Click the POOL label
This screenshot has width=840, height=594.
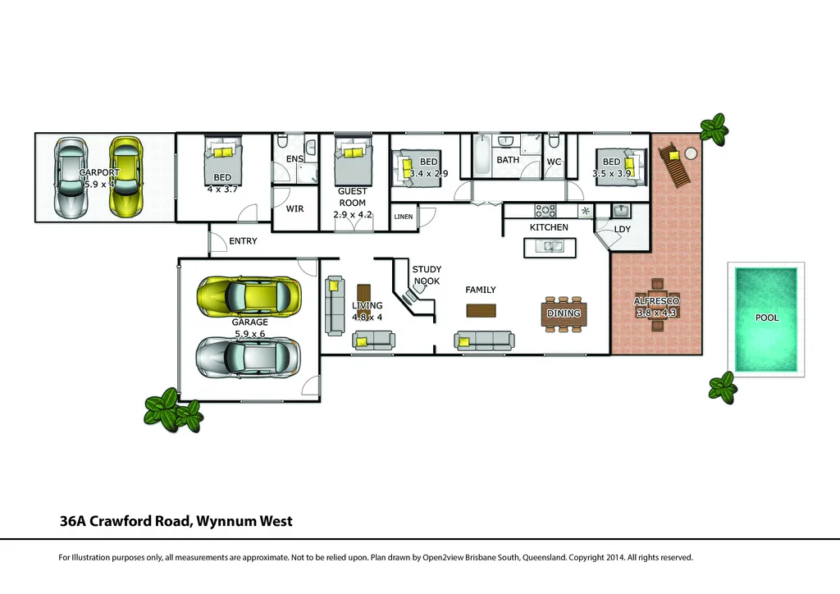click(x=767, y=318)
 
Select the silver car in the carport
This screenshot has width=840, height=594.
click(x=71, y=177)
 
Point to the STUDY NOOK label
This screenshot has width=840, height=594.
click(x=426, y=275)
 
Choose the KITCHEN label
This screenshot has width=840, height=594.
click(x=549, y=227)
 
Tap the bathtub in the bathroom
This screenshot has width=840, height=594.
click(x=480, y=156)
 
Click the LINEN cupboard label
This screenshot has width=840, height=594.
click(x=404, y=217)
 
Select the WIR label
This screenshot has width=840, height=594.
click(x=294, y=209)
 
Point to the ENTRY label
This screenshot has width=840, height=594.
click(x=243, y=241)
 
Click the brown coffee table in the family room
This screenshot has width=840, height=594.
click(x=481, y=310)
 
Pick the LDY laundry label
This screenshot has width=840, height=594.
click(x=622, y=229)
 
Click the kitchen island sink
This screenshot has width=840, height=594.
click(x=549, y=245)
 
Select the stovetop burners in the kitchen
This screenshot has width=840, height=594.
click(x=546, y=210)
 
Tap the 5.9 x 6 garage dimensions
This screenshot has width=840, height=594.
click(x=249, y=334)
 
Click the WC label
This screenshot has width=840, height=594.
click(x=554, y=162)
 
